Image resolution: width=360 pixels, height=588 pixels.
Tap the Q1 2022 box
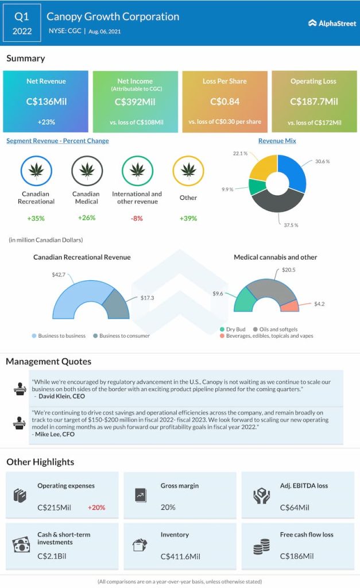(x=22, y=24)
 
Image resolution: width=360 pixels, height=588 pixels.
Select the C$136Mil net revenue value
(x=46, y=102)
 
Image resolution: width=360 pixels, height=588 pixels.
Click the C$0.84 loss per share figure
(x=224, y=102)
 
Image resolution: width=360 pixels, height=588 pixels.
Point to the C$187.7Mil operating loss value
(x=314, y=102)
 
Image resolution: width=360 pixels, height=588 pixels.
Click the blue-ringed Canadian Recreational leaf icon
(x=37, y=171)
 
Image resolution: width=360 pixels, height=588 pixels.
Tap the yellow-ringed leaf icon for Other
(x=188, y=171)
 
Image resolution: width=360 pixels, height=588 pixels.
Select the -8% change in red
(x=137, y=218)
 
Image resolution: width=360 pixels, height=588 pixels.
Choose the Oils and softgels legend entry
(x=279, y=329)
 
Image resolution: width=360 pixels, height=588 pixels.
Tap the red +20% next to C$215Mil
(x=96, y=508)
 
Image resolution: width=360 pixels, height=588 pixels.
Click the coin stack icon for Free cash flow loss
(x=261, y=546)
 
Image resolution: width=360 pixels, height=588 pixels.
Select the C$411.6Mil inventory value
(x=180, y=556)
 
